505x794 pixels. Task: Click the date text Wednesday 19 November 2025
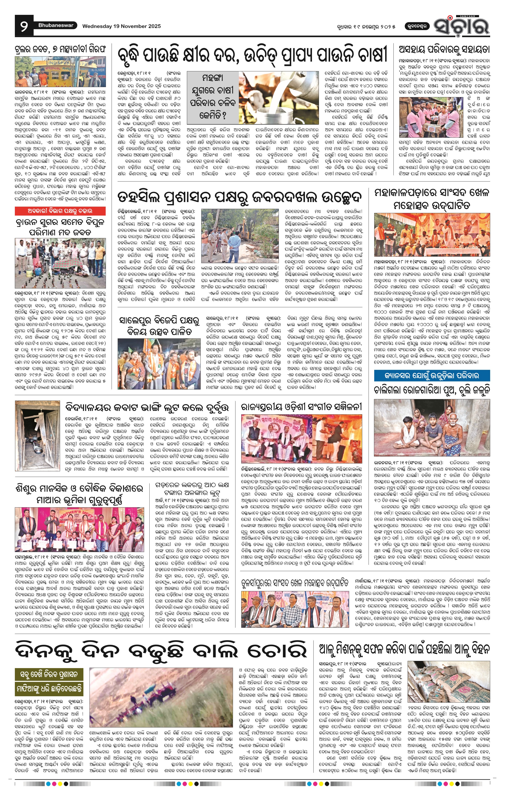pos(121,26)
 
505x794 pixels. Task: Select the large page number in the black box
pos(24,26)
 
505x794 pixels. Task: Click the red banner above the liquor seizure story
pos(60,211)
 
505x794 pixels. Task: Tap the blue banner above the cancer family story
pos(432,376)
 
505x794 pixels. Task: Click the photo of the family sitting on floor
pos(432,428)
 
